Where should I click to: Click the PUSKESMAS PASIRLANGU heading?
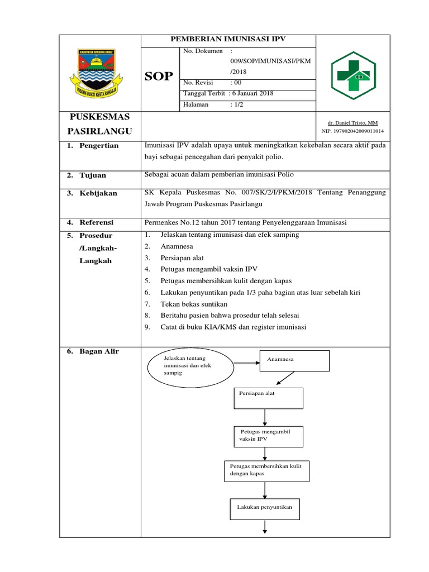[x=99, y=124]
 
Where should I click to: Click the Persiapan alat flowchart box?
[x=268, y=398]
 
